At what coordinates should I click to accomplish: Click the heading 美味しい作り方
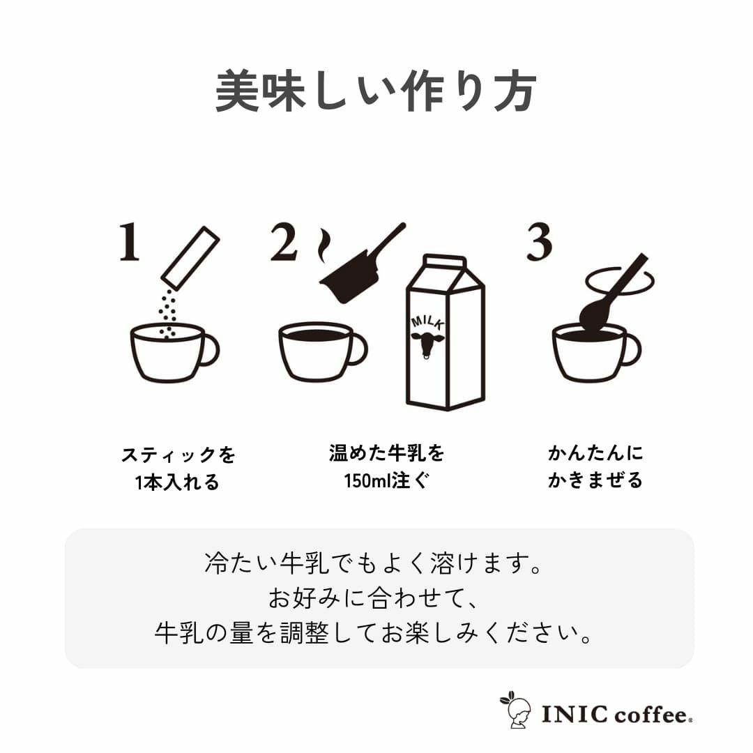pyautogui.click(x=376, y=90)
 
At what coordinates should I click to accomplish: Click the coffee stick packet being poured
pyautogui.click(x=190, y=258)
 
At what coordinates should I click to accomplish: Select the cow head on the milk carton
pyautogui.click(x=428, y=344)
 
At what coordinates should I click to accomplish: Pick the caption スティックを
pyautogui.click(x=178, y=455)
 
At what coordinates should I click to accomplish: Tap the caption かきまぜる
pyautogui.click(x=595, y=480)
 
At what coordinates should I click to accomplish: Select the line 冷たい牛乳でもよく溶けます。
pyautogui.click(x=374, y=563)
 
